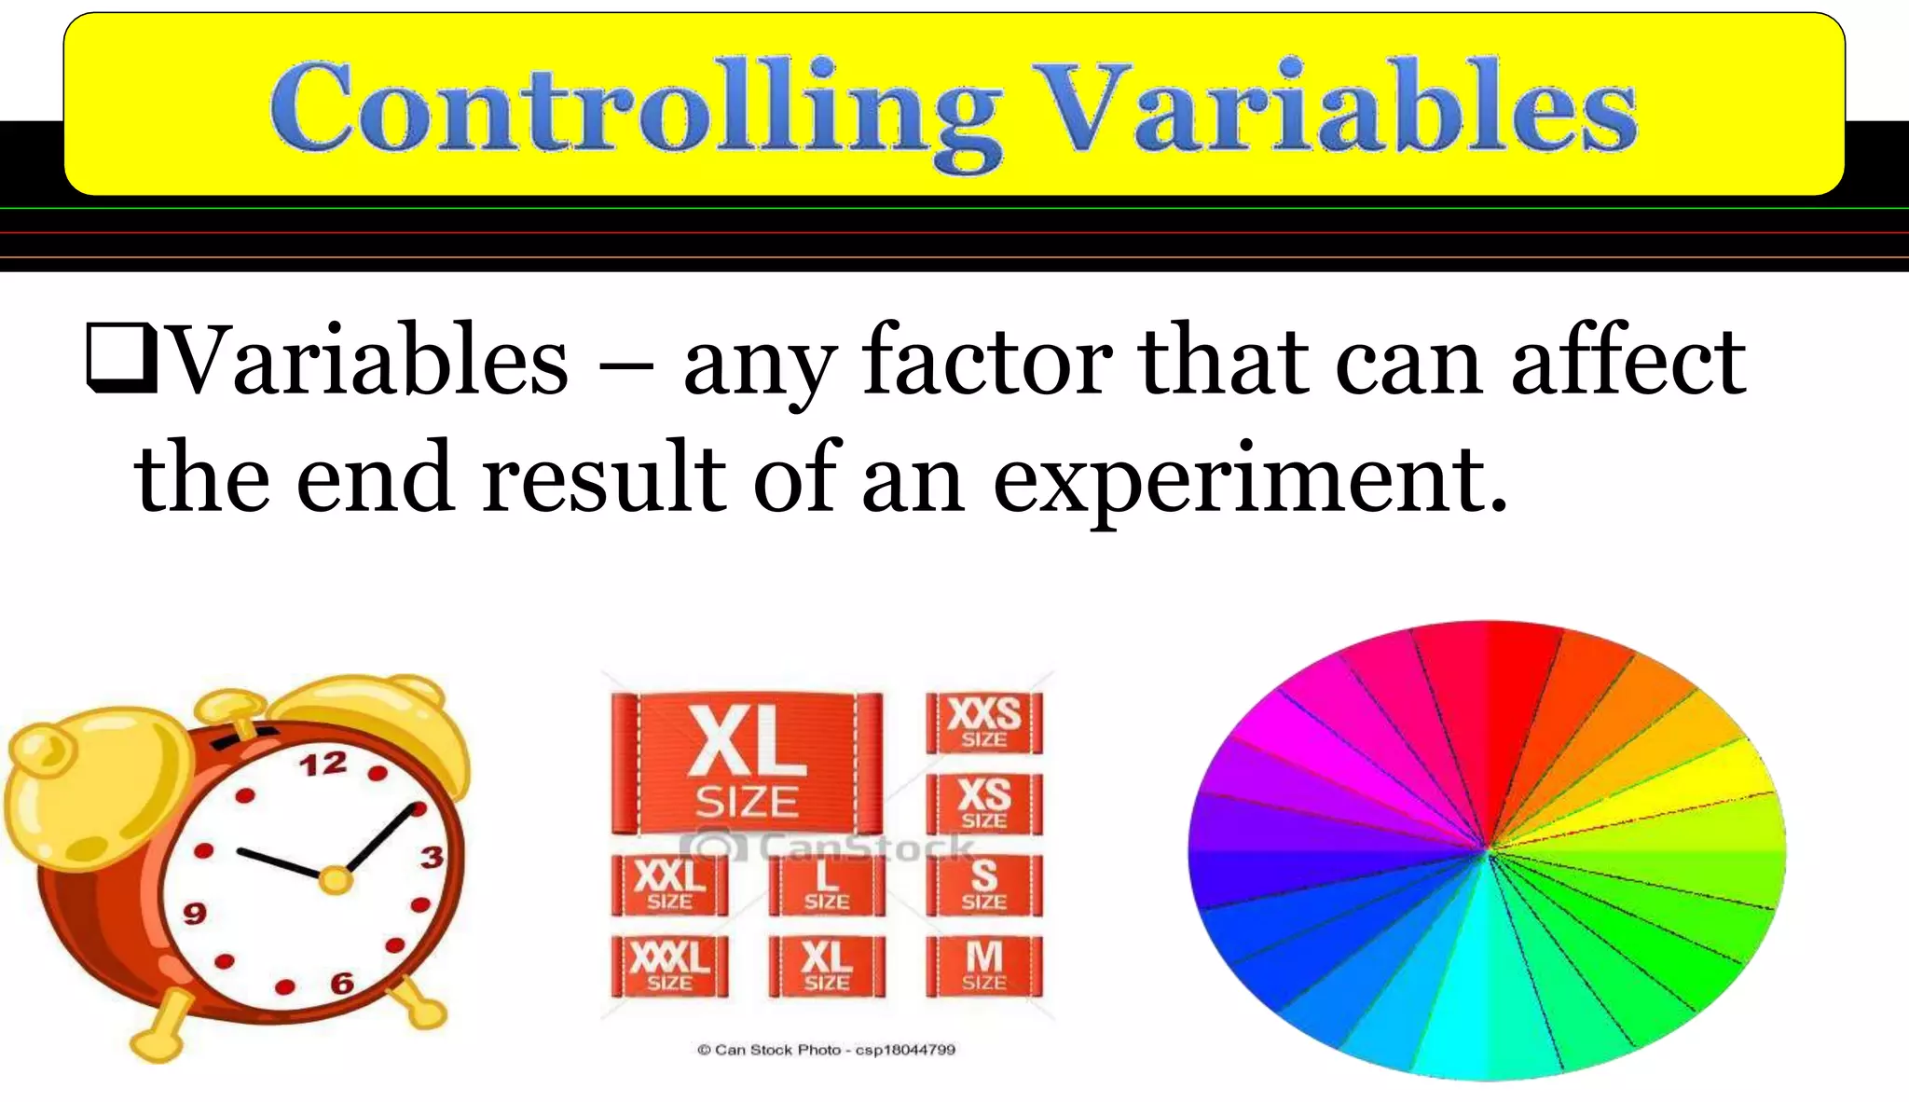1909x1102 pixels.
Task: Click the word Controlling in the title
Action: [x=634, y=110]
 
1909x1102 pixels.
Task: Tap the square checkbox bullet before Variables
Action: [x=118, y=356]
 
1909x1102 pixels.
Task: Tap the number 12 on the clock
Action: [x=323, y=765]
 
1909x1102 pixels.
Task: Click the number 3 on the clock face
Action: [x=432, y=857]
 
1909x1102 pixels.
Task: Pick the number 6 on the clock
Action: [x=342, y=982]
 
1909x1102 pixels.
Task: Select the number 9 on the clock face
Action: [x=194, y=912]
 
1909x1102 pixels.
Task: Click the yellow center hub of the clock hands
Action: [x=335, y=879]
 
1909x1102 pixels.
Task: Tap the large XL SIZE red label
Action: [x=747, y=762]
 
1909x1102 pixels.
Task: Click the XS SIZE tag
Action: [x=984, y=803]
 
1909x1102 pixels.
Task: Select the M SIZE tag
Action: [x=984, y=965]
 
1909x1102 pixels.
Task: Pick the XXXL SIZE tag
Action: [x=669, y=965]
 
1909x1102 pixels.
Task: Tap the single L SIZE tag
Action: [x=826, y=885]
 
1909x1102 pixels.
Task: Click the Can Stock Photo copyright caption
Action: [x=826, y=1050]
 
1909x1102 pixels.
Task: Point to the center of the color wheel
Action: [x=1488, y=849]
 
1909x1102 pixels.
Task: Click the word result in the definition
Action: [x=603, y=478]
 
